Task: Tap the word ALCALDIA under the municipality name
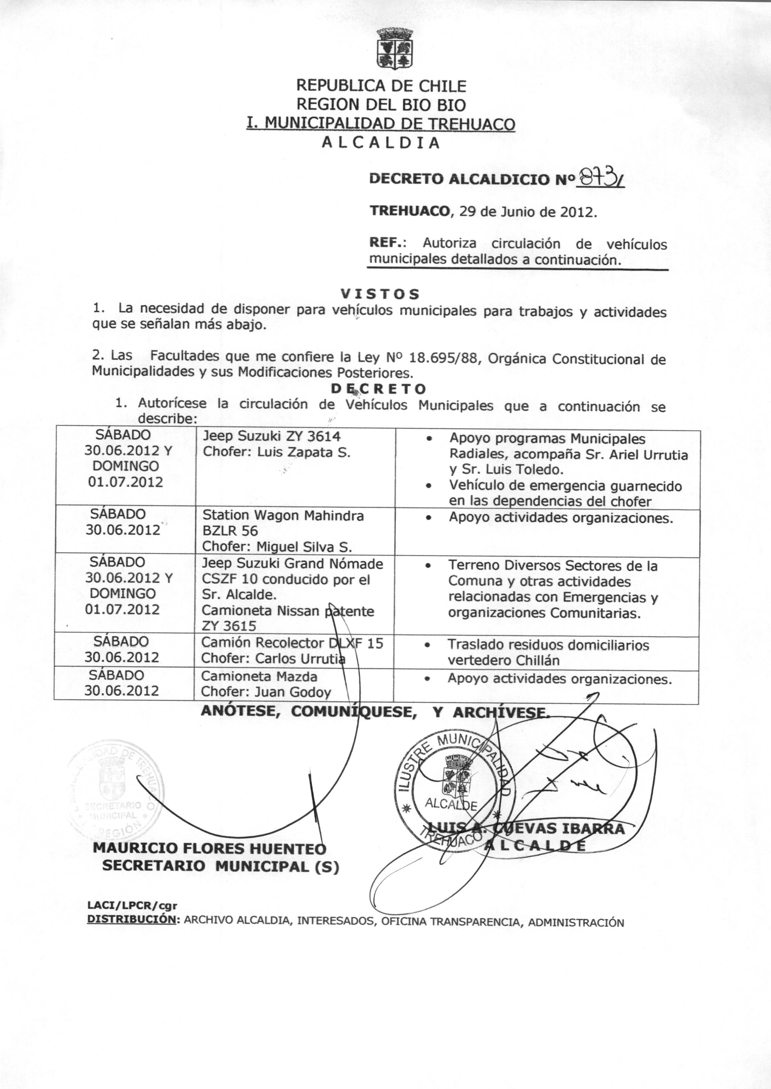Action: [381, 143]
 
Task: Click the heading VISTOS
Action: [380, 294]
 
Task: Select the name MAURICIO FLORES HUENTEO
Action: [209, 848]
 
